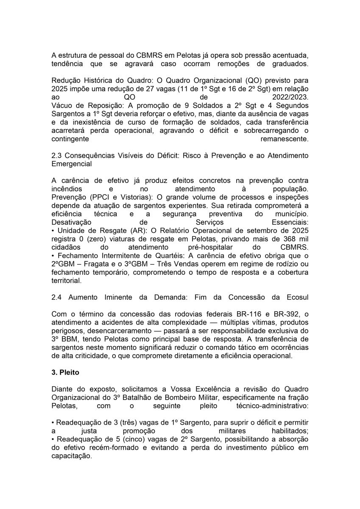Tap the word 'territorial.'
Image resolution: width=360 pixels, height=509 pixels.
point(67,280)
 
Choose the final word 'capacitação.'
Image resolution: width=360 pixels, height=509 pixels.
point(71,456)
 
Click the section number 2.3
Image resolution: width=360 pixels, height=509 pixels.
point(56,155)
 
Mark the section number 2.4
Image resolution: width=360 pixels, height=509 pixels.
point(56,298)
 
